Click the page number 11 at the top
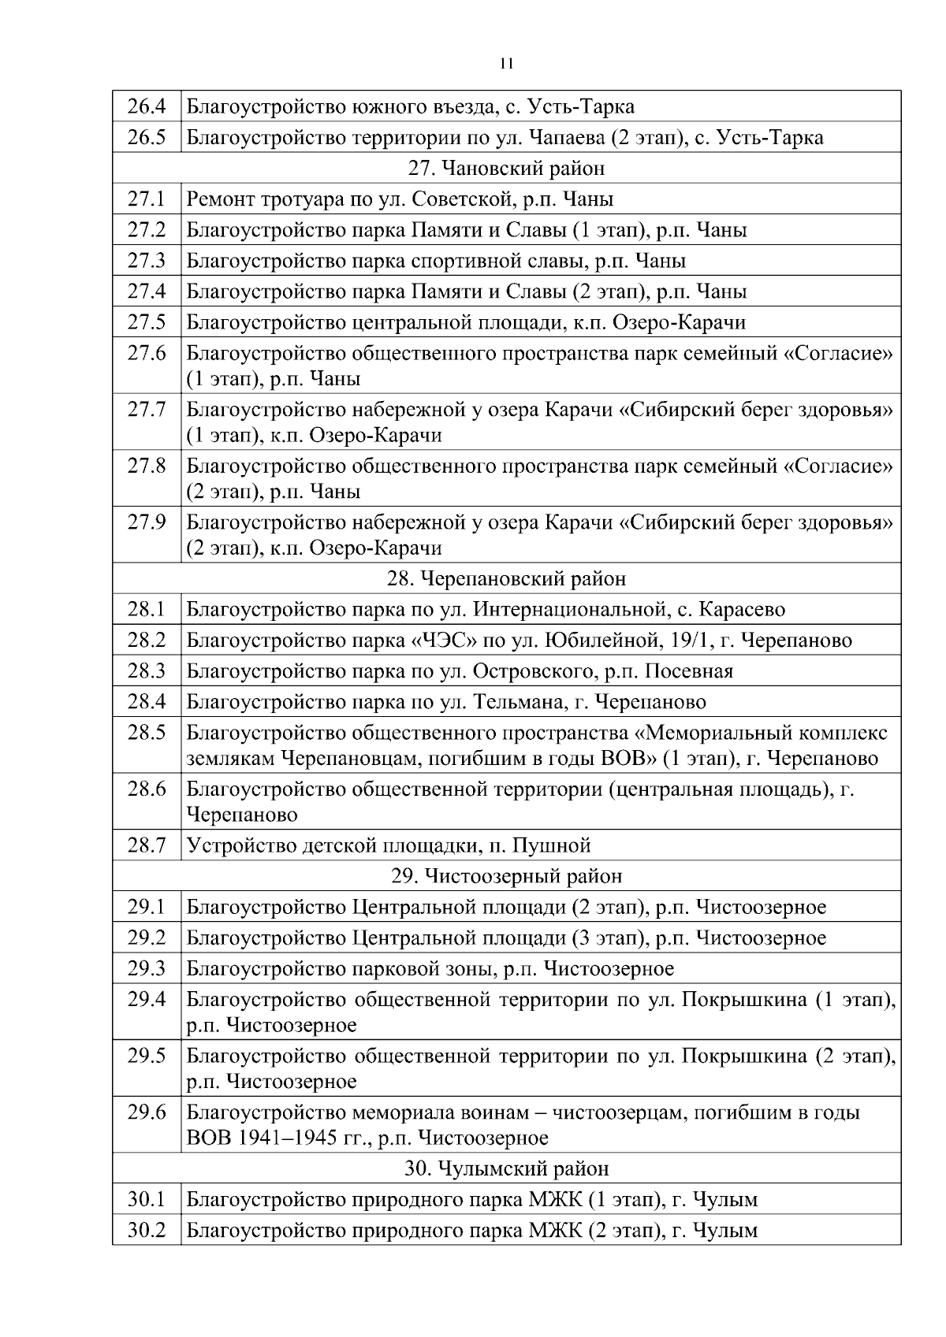pos(507,64)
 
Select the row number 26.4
pos(147,106)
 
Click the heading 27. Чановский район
pos(507,168)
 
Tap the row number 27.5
pos(147,322)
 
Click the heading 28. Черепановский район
pos(507,578)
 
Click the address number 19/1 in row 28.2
pos(691,640)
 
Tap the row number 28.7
pos(147,845)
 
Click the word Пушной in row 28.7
pos(552,845)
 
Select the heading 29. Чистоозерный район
pos(507,876)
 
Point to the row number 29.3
pos(147,968)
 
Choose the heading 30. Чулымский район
pos(507,1168)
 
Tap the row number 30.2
pos(147,1230)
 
